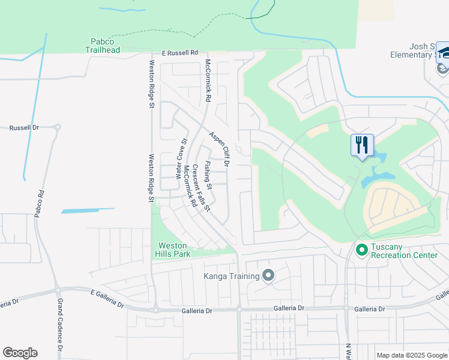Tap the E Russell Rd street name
click(x=176, y=53)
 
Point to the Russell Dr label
click(x=24, y=128)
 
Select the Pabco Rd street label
click(x=40, y=203)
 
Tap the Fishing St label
click(x=208, y=172)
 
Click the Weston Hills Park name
click(x=174, y=250)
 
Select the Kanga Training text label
click(x=232, y=276)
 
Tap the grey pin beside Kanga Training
click(x=268, y=276)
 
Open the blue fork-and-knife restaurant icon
click(x=362, y=145)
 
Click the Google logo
click(x=20, y=353)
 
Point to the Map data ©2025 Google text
click(x=412, y=355)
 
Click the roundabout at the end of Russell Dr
click(x=58, y=128)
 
